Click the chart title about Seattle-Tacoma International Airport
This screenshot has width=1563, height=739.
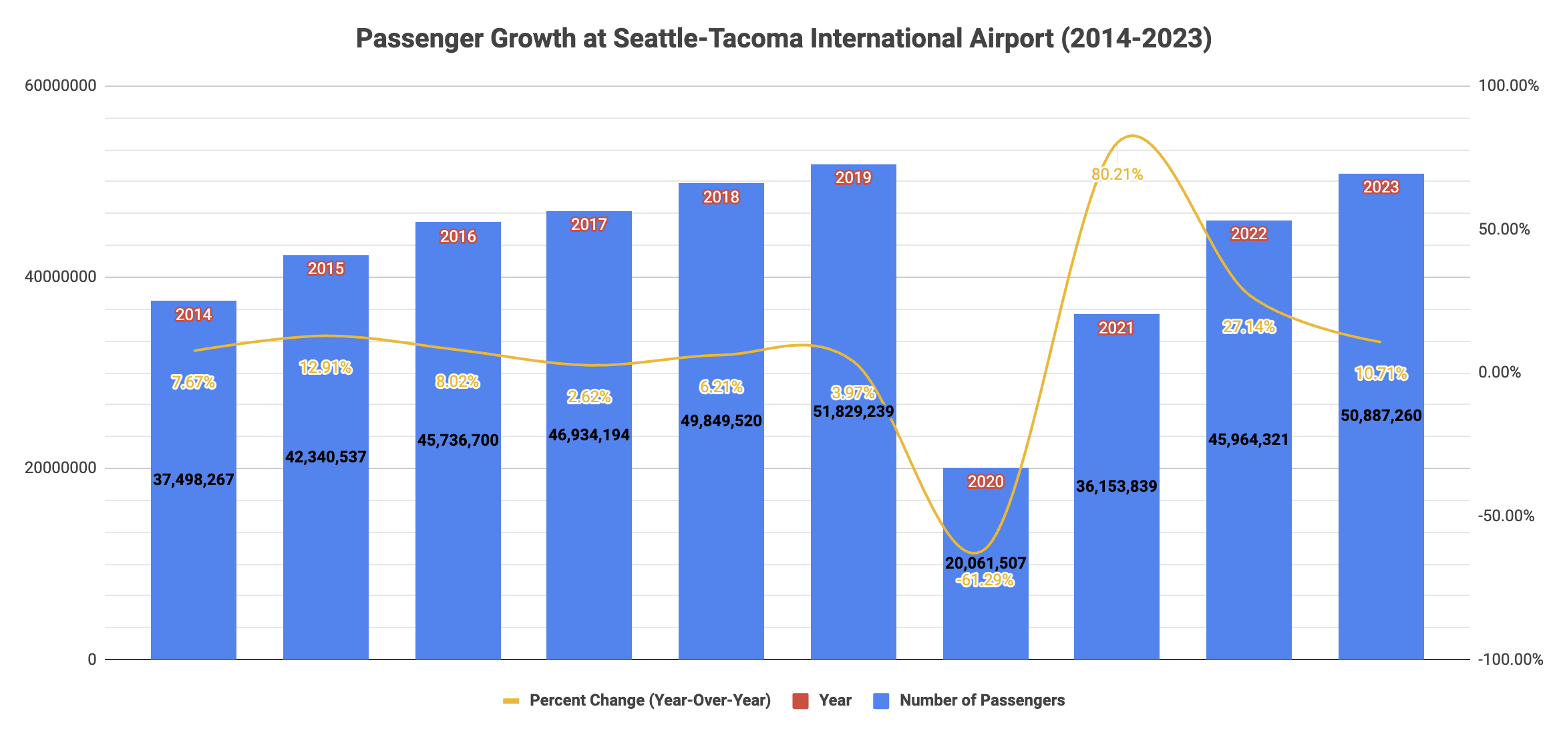(x=784, y=39)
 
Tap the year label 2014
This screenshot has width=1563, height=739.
(x=194, y=315)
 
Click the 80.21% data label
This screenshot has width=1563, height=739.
(x=1117, y=174)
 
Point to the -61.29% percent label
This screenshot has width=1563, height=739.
(x=985, y=580)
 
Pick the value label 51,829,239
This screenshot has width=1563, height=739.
(x=853, y=412)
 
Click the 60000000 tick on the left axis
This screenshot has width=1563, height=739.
(x=61, y=86)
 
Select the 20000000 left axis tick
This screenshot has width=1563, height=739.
(x=61, y=468)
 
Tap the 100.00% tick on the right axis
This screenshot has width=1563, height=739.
(x=1508, y=86)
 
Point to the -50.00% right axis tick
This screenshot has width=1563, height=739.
(x=1506, y=516)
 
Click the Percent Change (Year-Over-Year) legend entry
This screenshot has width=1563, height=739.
(x=649, y=700)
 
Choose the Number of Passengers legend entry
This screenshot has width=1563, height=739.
(x=982, y=700)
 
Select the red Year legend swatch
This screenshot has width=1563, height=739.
(x=800, y=701)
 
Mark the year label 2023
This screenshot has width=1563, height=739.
(x=1381, y=187)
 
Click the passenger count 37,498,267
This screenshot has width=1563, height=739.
(x=194, y=480)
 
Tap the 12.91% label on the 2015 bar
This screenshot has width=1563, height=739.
(x=325, y=367)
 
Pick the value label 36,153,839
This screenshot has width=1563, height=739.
(x=1116, y=486)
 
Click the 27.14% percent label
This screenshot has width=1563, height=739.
(x=1248, y=327)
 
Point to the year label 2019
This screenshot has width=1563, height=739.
(x=853, y=178)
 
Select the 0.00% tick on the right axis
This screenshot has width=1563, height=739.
(x=1500, y=372)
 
